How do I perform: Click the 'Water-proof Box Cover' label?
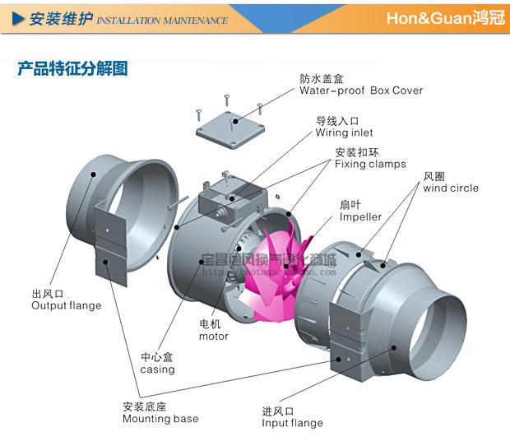(361, 91)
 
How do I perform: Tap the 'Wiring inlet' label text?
(344, 132)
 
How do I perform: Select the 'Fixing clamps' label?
(370, 164)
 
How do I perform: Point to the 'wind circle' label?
(451, 188)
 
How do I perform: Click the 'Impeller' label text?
(360, 217)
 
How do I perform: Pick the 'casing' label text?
(157, 369)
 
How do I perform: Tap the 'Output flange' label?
(67, 305)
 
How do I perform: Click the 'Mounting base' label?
(160, 418)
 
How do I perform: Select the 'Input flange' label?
(292, 423)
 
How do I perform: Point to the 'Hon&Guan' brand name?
(428, 18)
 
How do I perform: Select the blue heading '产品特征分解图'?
(73, 69)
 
